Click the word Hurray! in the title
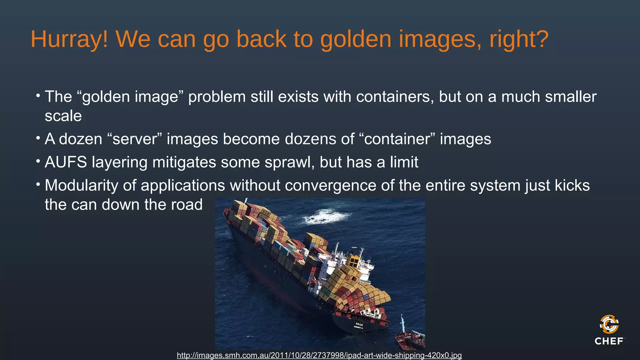tap(69, 39)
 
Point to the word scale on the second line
tap(63, 116)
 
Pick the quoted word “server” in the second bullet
tap(134, 139)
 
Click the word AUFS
tap(66, 162)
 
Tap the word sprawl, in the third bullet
tap(289, 162)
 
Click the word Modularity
tap(81, 186)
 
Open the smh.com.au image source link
tap(319, 355)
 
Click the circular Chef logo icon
tap(609, 324)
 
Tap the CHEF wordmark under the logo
tap(609, 341)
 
